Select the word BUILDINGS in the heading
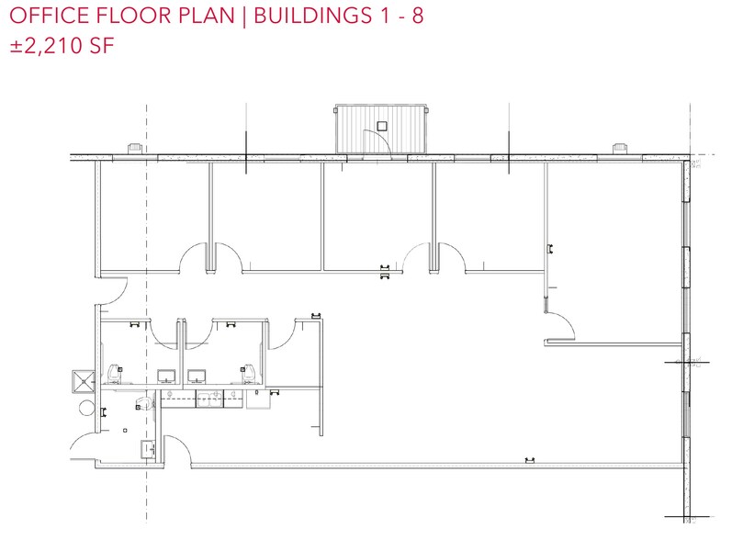click(315, 17)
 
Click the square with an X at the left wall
click(81, 380)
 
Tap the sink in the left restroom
click(167, 376)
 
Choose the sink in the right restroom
click(196, 376)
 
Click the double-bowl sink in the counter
click(210, 398)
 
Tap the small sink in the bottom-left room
click(147, 448)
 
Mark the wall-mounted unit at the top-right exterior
click(620, 148)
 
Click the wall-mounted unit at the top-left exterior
click(133, 148)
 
